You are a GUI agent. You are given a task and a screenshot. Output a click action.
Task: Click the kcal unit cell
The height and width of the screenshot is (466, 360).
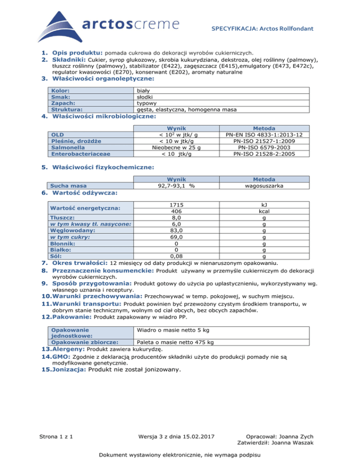[265, 211]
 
